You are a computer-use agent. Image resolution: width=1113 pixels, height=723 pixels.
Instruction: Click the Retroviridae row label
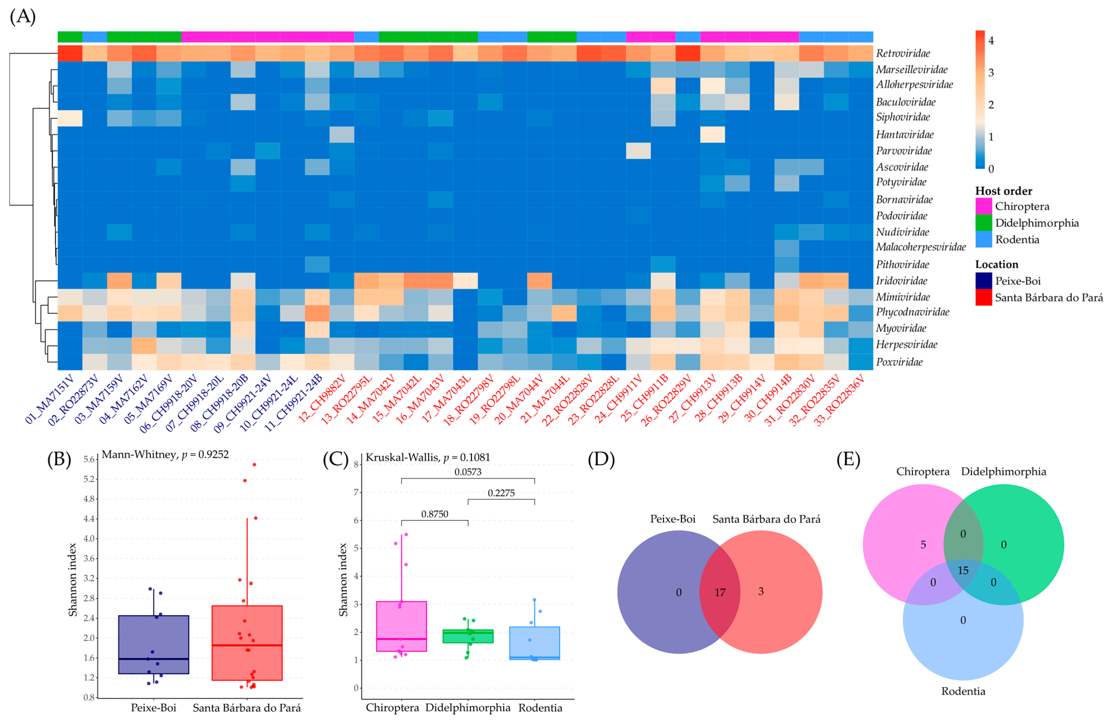tap(903, 53)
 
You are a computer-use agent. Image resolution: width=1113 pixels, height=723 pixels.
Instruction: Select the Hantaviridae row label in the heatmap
tap(905, 135)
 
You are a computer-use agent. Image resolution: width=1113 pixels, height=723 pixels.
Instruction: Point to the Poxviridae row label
tap(899, 362)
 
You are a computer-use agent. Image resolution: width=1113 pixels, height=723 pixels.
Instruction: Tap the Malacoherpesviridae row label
tap(920, 247)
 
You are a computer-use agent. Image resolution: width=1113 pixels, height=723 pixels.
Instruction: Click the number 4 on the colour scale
tap(991, 41)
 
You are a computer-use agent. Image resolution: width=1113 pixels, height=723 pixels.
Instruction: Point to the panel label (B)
tap(59, 460)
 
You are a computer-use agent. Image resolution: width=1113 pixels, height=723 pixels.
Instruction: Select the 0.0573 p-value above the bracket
tap(468, 472)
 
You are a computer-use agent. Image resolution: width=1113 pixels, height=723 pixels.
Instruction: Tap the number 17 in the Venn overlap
tap(720, 592)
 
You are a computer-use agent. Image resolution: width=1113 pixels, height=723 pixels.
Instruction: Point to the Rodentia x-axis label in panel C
tap(540, 708)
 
